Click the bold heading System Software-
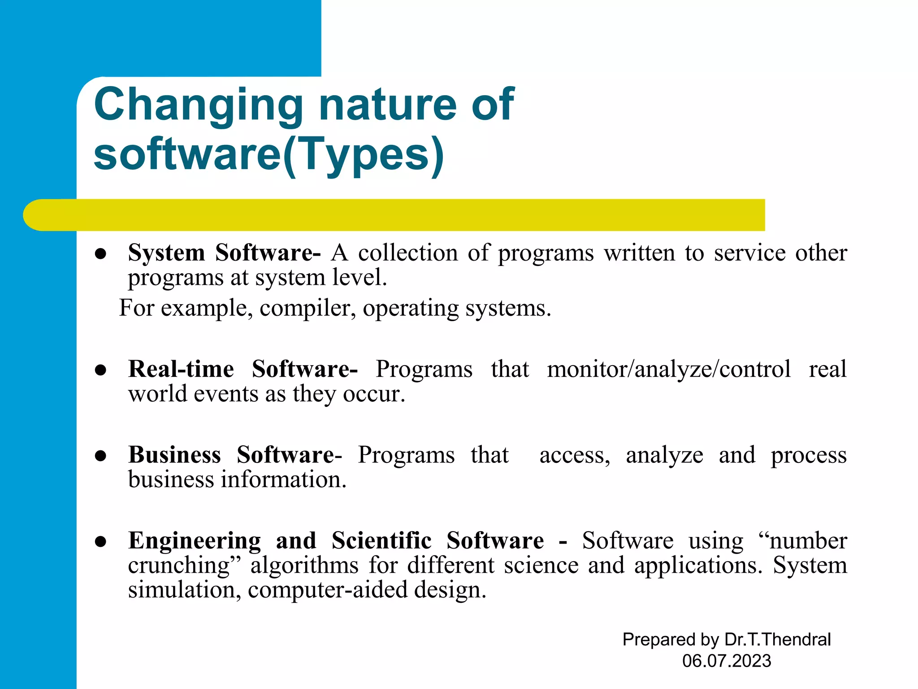pyautogui.click(x=224, y=253)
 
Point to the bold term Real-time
pyautogui.click(x=181, y=369)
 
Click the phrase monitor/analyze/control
pyautogui.click(x=669, y=370)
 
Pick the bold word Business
pyautogui.click(x=174, y=455)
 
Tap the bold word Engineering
pyautogui.click(x=195, y=541)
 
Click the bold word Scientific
pyautogui.click(x=381, y=541)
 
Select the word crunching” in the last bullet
pyautogui.click(x=184, y=565)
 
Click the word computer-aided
pyautogui.click(x=327, y=590)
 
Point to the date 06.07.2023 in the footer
pyautogui.click(x=727, y=661)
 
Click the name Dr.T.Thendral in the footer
pyautogui.click(x=777, y=640)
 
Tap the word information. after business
pyautogui.click(x=284, y=480)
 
